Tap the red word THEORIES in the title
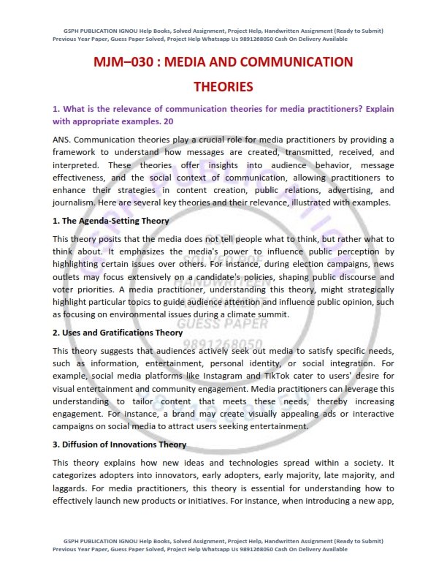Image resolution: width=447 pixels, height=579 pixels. [223, 87]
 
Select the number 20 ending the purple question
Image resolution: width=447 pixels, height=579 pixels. [169, 121]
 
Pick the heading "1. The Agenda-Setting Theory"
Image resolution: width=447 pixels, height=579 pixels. [110, 220]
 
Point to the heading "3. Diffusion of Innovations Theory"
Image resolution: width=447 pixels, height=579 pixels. [120, 444]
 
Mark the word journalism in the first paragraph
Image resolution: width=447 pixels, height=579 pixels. [75, 203]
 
